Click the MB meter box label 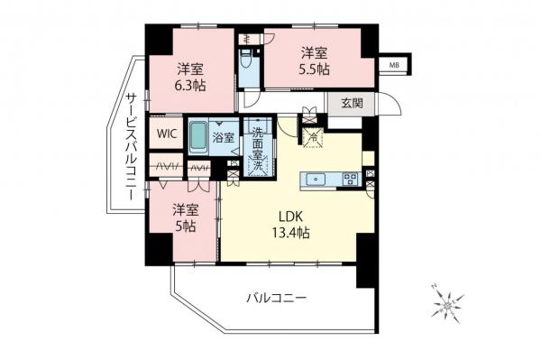(x=395, y=65)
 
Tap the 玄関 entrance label (x=353, y=103)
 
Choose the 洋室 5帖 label (x=185, y=219)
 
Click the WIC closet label (x=166, y=134)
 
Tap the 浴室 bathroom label (x=224, y=138)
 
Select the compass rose (x=447, y=307)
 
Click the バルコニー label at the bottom (x=277, y=298)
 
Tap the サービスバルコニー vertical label (x=131, y=144)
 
